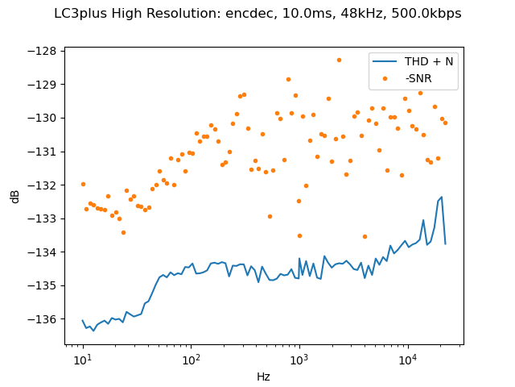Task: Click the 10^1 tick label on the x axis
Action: (82, 359)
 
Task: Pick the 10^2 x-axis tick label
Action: (191, 359)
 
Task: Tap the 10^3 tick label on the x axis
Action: (299, 359)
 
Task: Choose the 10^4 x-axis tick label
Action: (407, 359)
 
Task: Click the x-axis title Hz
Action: (263, 377)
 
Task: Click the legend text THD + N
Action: (430, 60)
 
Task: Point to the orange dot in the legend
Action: (385, 77)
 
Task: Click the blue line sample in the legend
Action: (385, 60)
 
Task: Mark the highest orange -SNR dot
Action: (339, 60)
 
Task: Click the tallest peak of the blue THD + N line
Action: (442, 197)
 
